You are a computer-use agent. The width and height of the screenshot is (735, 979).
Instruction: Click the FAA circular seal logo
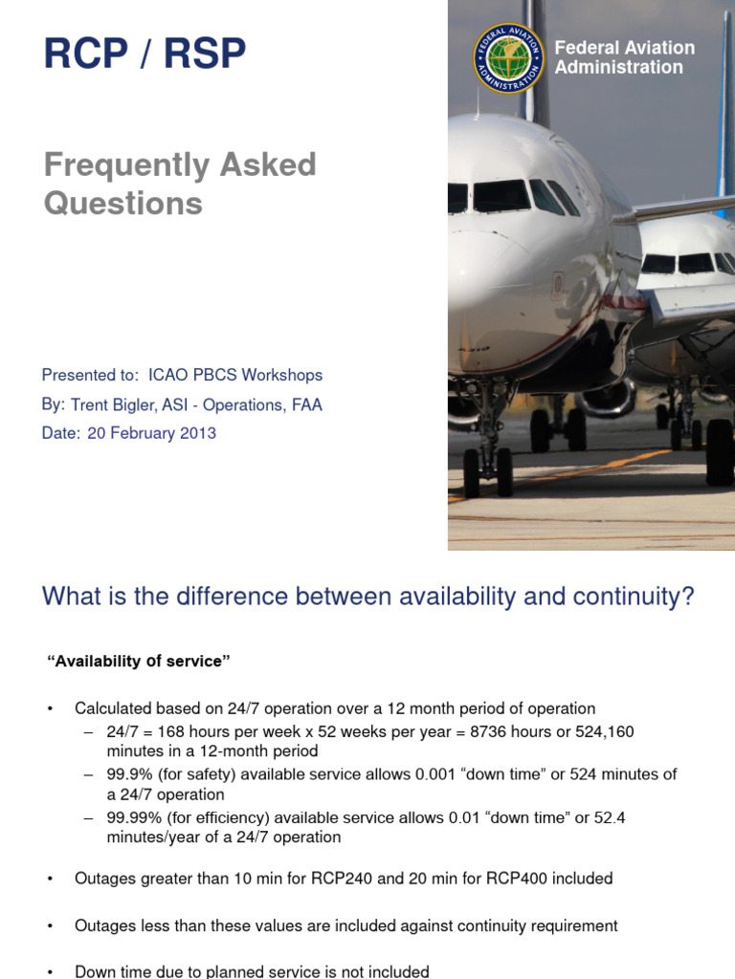pyautogui.click(x=508, y=57)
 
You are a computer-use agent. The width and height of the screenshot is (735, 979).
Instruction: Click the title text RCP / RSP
pyautogui.click(x=145, y=54)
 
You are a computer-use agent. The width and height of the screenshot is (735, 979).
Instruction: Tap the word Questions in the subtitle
pyautogui.click(x=123, y=203)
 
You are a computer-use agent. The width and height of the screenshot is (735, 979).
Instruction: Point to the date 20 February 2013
pyautogui.click(x=151, y=433)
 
